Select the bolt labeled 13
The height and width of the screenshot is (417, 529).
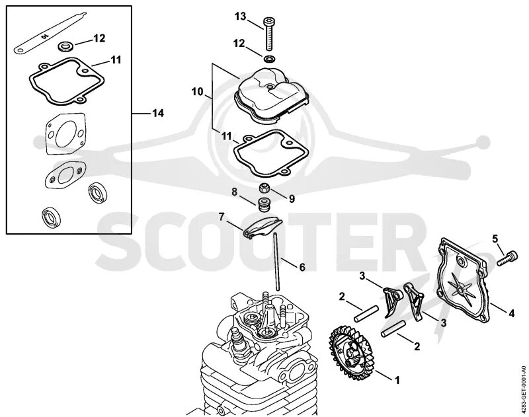[x=269, y=33]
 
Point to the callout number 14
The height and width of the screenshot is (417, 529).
[x=157, y=113]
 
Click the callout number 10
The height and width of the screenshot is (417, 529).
[x=198, y=92]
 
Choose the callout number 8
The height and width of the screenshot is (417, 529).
[x=234, y=192]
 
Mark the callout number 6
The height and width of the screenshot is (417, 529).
[x=302, y=268]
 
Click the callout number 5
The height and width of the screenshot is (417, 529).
[x=493, y=238]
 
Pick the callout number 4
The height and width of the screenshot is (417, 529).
[x=511, y=311]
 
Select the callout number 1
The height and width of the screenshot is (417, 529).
[x=397, y=380]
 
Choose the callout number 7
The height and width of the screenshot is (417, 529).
[x=222, y=216]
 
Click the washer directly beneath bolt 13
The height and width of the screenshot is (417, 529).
[x=269, y=59]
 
